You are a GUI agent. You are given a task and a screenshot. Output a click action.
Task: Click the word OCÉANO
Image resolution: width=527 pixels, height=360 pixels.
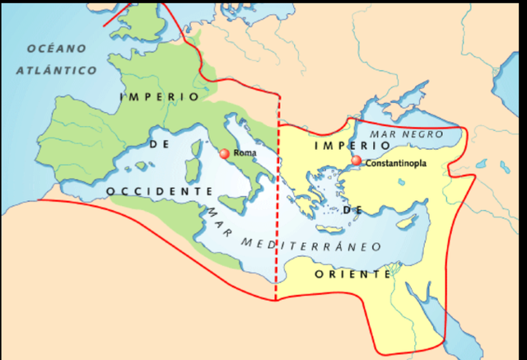(x=52, y=48)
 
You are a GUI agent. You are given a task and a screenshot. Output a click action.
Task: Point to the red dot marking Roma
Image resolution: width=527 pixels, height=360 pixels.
(x=224, y=153)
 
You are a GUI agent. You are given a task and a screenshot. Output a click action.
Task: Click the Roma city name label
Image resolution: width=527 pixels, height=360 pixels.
(x=245, y=153)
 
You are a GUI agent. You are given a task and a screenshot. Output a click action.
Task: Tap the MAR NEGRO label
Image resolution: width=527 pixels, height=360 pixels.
(x=405, y=133)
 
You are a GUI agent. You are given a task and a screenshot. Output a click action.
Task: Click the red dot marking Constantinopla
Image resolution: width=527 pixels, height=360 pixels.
(x=357, y=161)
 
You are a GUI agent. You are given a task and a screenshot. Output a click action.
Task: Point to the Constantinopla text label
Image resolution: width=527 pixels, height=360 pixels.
(x=399, y=163)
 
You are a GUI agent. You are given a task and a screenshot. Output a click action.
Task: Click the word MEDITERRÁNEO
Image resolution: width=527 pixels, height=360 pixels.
(x=312, y=245)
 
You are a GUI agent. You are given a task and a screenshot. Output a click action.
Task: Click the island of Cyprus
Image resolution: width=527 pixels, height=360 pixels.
(x=404, y=222)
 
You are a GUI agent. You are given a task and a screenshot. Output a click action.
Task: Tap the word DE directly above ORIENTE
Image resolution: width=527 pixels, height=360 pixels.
(x=352, y=211)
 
